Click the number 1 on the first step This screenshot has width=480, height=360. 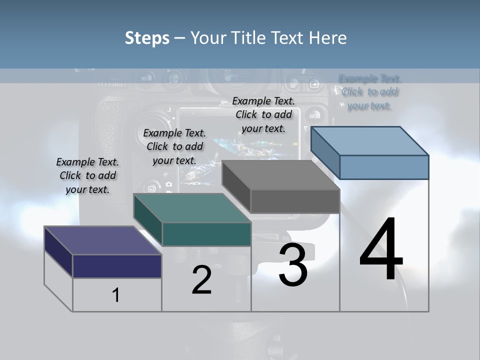(x=116, y=295)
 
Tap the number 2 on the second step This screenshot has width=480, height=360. (x=201, y=280)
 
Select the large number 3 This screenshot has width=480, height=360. (x=293, y=265)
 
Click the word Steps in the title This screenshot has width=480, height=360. (x=147, y=38)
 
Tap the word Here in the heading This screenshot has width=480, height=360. (x=328, y=38)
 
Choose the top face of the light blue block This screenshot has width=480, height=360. (x=369, y=141)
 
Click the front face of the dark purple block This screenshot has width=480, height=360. (x=117, y=266)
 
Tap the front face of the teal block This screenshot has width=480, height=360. (x=206, y=234)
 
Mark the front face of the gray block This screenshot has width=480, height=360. (x=295, y=201)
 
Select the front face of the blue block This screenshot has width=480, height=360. (x=384, y=167)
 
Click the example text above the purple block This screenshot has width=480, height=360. (x=87, y=175)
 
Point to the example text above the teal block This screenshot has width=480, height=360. (x=174, y=146)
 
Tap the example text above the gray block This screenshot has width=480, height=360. (x=263, y=114)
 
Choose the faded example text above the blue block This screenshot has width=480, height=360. (x=369, y=92)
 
